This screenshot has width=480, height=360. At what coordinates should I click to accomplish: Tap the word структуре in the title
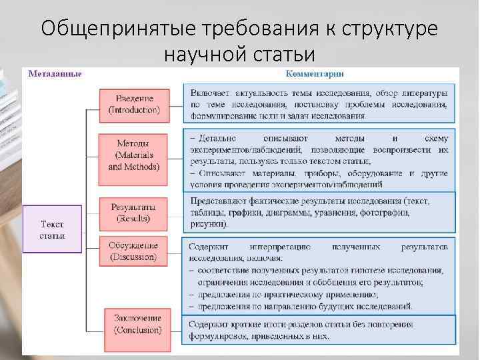coord(389,29)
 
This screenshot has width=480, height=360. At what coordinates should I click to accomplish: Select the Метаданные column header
coord(55,73)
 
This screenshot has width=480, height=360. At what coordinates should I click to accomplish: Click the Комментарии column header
coord(320,73)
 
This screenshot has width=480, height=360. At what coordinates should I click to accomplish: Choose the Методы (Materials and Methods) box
coord(134,155)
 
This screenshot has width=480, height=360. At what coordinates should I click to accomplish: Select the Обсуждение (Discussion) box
coord(133,251)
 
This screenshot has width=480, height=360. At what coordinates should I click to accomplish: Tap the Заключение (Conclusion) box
coord(137,324)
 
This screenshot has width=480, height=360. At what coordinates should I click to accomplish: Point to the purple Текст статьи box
coord(51,229)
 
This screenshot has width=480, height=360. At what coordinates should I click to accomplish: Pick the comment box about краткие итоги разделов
coord(320,330)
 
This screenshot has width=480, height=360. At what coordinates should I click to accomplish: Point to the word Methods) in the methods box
coord(143,167)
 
